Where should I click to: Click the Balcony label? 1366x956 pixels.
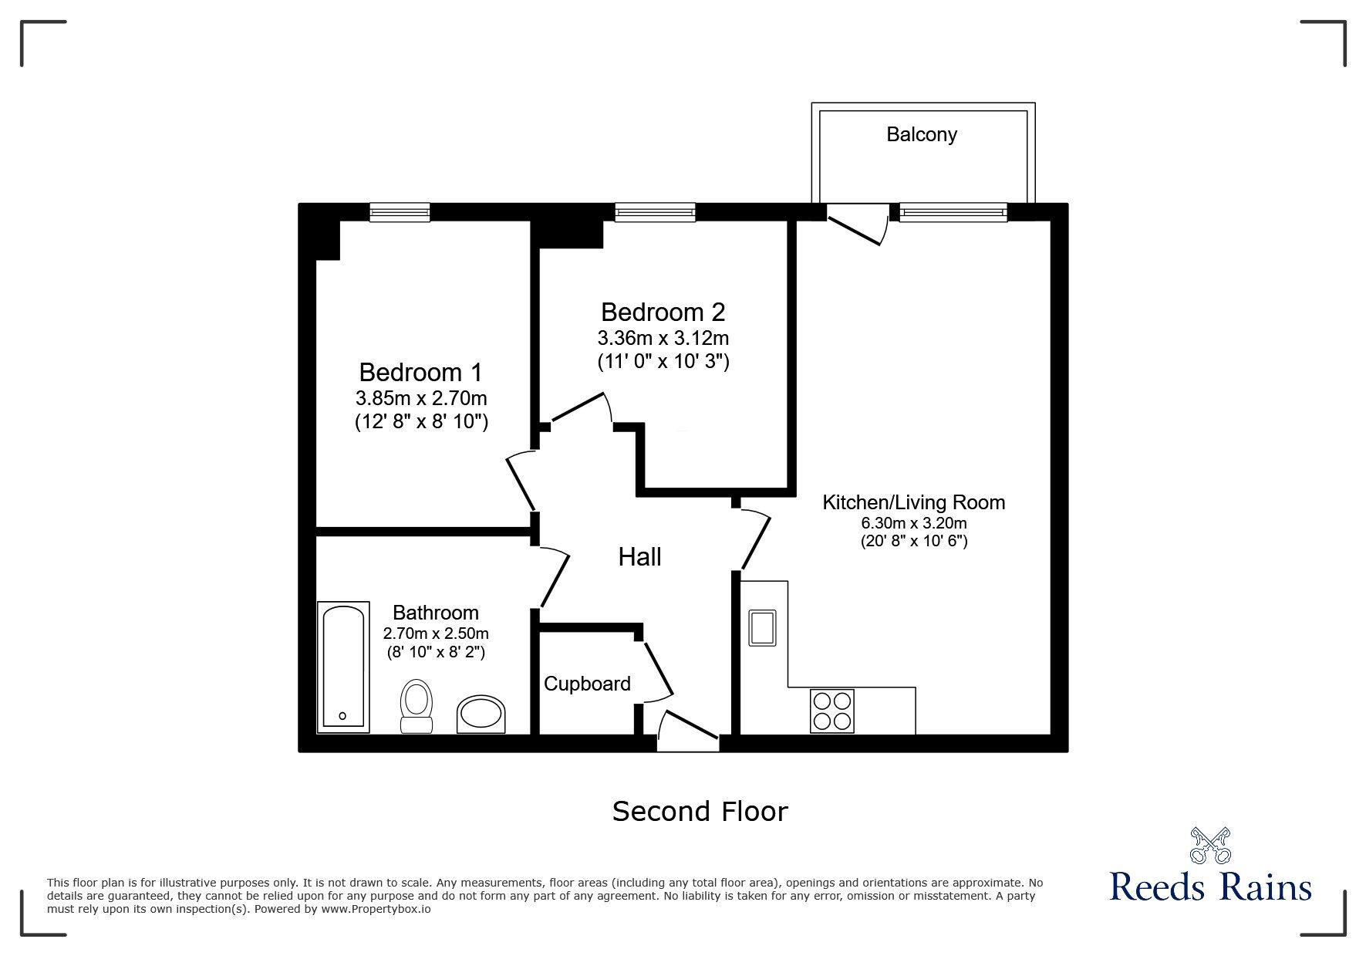(922, 134)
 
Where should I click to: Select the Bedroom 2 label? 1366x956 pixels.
(663, 312)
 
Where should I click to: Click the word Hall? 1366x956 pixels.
(640, 557)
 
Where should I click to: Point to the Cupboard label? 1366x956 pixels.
(587, 684)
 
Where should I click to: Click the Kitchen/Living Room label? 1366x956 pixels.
(914, 502)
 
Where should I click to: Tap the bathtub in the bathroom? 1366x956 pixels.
(343, 667)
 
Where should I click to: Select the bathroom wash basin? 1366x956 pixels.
(481, 714)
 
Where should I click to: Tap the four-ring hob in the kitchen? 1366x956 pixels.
(832, 711)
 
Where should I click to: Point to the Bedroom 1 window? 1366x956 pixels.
(400, 212)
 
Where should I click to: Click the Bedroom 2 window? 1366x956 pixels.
(655, 212)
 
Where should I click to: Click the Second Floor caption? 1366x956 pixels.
(700, 812)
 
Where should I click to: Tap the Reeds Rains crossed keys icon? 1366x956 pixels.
(1210, 846)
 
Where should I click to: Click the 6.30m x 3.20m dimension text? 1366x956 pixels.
(914, 522)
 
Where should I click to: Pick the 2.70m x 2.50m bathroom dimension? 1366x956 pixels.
(436, 633)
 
